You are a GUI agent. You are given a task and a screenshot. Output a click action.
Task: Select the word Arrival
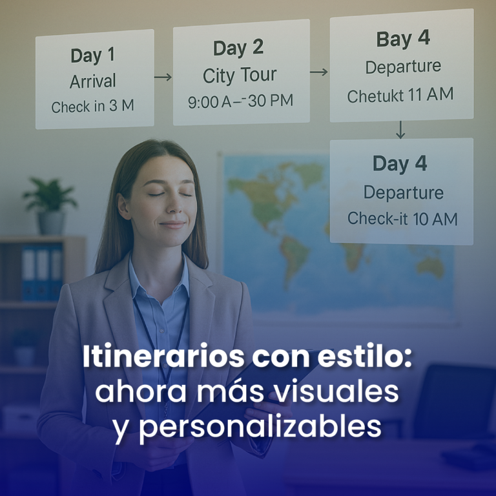click(x=93, y=81)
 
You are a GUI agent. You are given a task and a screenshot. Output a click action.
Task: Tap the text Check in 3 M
click(x=93, y=107)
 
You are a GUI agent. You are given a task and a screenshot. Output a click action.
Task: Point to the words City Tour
click(x=240, y=76)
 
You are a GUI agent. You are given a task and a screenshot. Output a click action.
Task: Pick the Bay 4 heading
click(x=402, y=39)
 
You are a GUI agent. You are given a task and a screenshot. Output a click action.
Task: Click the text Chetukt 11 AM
click(x=400, y=96)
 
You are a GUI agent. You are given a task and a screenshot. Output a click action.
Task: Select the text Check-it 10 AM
click(x=402, y=219)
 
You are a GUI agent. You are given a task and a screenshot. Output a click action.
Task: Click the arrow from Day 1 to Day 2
click(x=163, y=77)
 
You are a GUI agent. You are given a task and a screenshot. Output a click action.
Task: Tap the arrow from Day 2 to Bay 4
click(x=319, y=72)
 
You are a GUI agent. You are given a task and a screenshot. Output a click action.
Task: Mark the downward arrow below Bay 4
click(x=400, y=130)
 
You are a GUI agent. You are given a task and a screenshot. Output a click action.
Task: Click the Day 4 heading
click(x=400, y=164)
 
